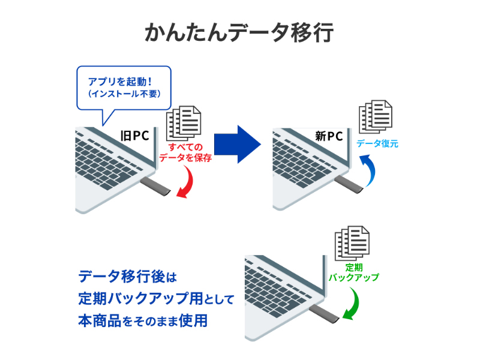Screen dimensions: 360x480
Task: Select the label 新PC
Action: pos(329,136)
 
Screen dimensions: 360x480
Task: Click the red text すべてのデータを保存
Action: pos(185,154)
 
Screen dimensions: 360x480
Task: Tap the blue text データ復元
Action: pos(377,144)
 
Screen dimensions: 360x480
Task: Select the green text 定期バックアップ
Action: pos(353,273)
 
